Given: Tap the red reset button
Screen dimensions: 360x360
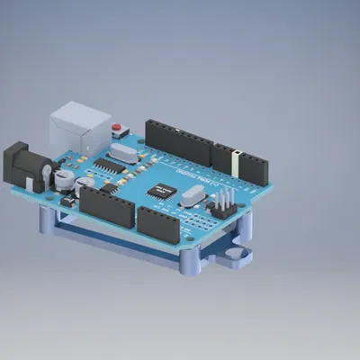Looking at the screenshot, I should click(x=116, y=127).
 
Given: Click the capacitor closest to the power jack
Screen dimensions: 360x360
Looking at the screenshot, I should click(x=63, y=179).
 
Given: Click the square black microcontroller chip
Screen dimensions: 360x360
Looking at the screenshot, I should click(x=163, y=190).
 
